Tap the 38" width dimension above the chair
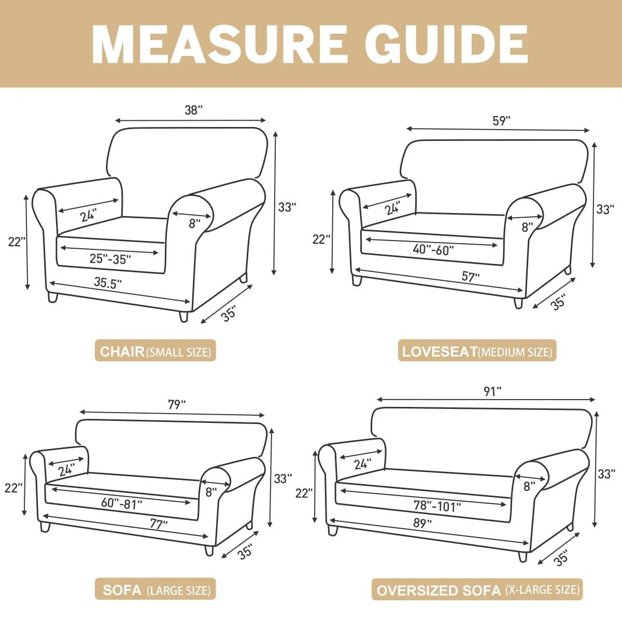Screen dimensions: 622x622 coord(193,110)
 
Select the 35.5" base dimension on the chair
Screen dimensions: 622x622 coord(108,282)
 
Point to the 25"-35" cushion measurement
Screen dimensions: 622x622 coord(110,259)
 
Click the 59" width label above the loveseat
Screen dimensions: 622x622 coord(501,121)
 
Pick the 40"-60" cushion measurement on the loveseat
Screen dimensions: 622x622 coord(433,249)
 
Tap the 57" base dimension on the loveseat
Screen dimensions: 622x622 coord(470,277)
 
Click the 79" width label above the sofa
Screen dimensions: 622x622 coord(177,404)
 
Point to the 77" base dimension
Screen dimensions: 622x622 coord(159,524)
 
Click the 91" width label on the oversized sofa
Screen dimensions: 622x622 coord(492,391)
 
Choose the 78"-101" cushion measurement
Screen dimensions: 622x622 coord(437,506)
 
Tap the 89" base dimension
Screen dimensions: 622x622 coord(422,523)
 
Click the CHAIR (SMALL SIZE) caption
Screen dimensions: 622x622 coord(155,351)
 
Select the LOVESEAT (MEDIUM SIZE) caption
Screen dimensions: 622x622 coord(477,351)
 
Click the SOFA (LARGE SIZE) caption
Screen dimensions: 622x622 coord(155,590)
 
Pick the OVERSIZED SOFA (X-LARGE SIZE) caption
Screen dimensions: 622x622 coord(477,590)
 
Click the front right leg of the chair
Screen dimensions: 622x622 coord(183,316)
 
